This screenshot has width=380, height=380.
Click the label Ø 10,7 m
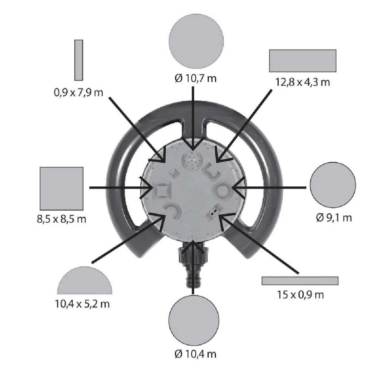(x=195, y=79)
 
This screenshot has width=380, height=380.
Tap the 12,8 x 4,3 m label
(x=302, y=82)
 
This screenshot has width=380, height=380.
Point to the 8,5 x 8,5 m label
(x=61, y=219)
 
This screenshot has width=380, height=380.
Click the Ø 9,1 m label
(x=334, y=218)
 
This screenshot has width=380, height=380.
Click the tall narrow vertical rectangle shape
(x=79, y=60)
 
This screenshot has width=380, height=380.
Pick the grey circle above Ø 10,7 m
(x=196, y=41)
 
